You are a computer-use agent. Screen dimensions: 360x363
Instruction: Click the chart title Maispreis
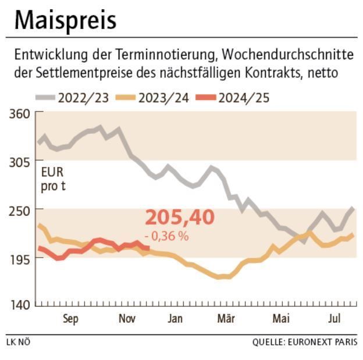65,20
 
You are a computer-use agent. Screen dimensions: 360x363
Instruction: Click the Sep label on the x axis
69,319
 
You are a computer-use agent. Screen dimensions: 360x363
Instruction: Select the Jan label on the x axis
175,319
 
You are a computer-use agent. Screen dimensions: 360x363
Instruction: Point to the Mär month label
226,319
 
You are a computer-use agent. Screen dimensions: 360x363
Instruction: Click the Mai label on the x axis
281,319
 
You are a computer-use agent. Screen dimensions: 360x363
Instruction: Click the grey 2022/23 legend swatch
45,97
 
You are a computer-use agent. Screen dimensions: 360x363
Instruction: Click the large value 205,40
179,217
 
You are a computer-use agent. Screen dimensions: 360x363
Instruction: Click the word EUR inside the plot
51,173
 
